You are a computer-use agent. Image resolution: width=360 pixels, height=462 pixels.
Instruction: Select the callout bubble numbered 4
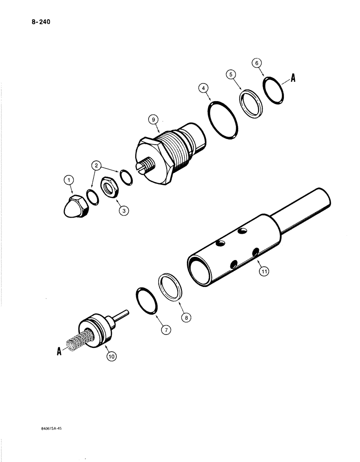pyautogui.click(x=204, y=87)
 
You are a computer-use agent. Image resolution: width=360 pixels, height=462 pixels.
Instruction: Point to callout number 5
pyautogui.click(x=231, y=74)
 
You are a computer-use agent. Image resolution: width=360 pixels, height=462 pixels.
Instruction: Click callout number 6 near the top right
pyautogui.click(x=257, y=62)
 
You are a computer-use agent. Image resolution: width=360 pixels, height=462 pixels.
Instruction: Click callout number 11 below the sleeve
pyautogui.click(x=264, y=272)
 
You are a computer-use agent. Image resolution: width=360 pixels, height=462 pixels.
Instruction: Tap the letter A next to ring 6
pyautogui.click(x=292, y=79)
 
